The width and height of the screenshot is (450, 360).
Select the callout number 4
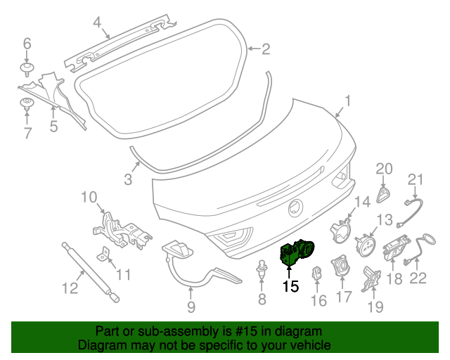98,21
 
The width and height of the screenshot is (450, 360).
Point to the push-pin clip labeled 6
27,69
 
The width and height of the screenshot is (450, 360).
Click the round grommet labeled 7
27,105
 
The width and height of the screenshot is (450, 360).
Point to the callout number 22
418,279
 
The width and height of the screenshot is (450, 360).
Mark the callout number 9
191,307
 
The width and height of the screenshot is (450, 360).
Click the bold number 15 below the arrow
290,286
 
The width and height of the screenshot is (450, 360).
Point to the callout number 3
127,179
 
